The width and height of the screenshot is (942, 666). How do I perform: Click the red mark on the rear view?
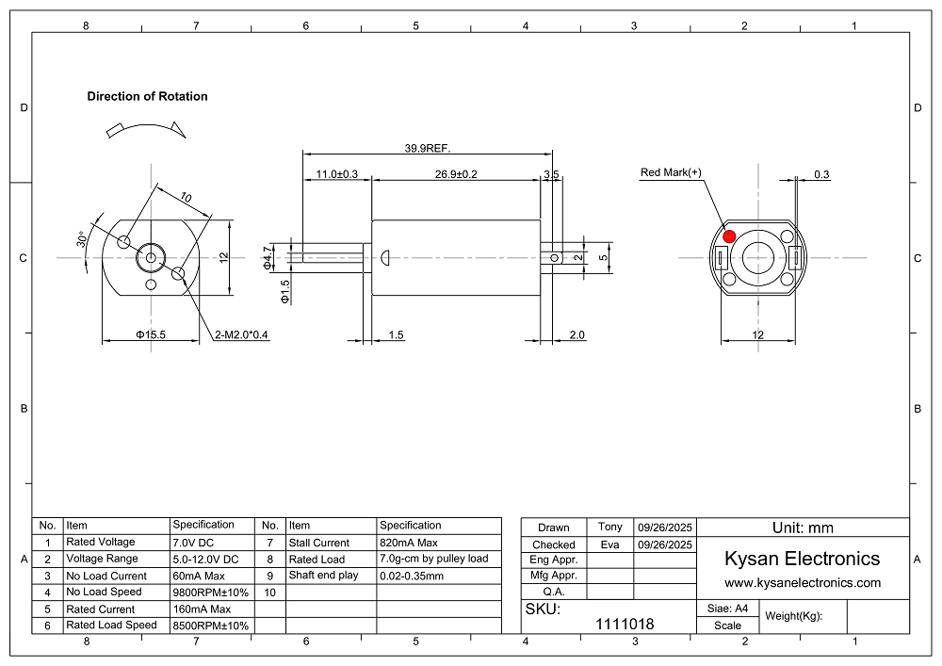728,236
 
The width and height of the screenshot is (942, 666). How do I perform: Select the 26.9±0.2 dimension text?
456,174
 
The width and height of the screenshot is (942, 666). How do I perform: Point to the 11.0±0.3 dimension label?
335,174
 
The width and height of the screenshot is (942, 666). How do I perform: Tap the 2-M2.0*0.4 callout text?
241,334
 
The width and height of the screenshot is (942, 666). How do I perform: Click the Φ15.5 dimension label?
151,334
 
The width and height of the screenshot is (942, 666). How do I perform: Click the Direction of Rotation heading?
147,96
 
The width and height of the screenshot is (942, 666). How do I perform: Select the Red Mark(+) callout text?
671,172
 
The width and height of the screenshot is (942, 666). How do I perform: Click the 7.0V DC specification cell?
193,543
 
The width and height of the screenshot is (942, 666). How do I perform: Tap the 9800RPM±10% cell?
210,592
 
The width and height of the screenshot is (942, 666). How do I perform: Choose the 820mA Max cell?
408,543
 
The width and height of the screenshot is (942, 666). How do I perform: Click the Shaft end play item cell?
323,576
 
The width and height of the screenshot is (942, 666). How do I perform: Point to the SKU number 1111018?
625,625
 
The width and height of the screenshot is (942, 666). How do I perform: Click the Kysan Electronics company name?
802,559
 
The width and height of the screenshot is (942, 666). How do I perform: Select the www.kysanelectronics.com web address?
802,583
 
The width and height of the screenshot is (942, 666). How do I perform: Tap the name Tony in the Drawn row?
609,528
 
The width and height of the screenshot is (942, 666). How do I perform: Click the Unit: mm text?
802,528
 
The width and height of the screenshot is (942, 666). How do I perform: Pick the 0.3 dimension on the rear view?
821,174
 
